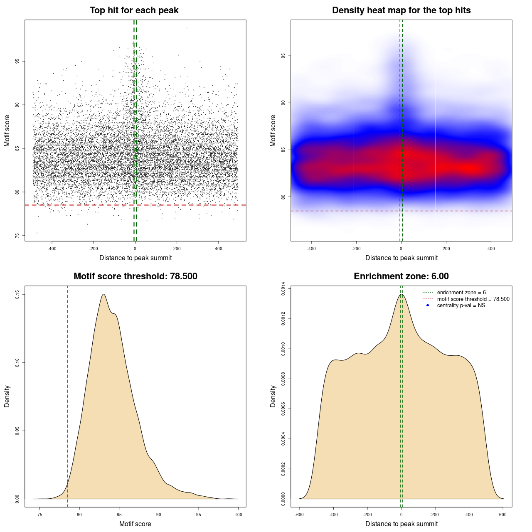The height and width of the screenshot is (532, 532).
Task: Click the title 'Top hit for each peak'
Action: pyautogui.click(x=134, y=10)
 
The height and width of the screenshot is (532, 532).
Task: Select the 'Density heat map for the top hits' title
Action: pyautogui.click(x=401, y=10)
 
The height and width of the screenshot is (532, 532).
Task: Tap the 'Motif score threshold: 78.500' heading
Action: pyautogui.click(x=135, y=276)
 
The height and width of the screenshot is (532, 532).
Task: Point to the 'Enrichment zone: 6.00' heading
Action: pyautogui.click(x=401, y=276)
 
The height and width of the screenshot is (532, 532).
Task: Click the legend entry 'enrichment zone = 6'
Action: pyautogui.click(x=461, y=293)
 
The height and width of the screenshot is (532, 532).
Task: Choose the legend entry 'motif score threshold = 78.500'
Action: pyautogui.click(x=473, y=299)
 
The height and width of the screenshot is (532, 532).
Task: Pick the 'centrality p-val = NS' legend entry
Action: pyautogui.click(x=461, y=305)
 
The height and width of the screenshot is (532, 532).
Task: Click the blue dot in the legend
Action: pyautogui.click(x=428, y=305)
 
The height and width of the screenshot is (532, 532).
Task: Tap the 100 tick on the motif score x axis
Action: pyautogui.click(x=238, y=515)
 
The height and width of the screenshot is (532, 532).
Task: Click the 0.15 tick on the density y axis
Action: pyautogui.click(x=17, y=294)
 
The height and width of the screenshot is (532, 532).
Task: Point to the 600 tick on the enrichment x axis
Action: pyautogui.click(x=503, y=515)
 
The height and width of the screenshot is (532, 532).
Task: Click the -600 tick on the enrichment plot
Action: pyautogui.click(x=299, y=515)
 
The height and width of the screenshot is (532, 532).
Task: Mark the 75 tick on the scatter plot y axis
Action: pyautogui.click(x=17, y=235)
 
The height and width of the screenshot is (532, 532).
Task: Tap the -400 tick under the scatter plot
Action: pyautogui.click(x=52, y=249)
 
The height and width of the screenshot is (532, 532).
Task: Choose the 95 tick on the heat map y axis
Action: pyautogui.click(x=283, y=56)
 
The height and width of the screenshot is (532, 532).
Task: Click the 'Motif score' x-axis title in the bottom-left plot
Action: pyautogui.click(x=135, y=524)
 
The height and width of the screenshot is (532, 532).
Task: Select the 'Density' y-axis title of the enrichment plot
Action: pyautogui.click(x=273, y=396)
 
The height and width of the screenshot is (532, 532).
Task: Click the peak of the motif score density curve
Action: pyautogui.click(x=103, y=294)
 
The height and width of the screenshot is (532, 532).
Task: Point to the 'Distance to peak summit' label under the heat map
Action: pyautogui.click(x=401, y=258)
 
